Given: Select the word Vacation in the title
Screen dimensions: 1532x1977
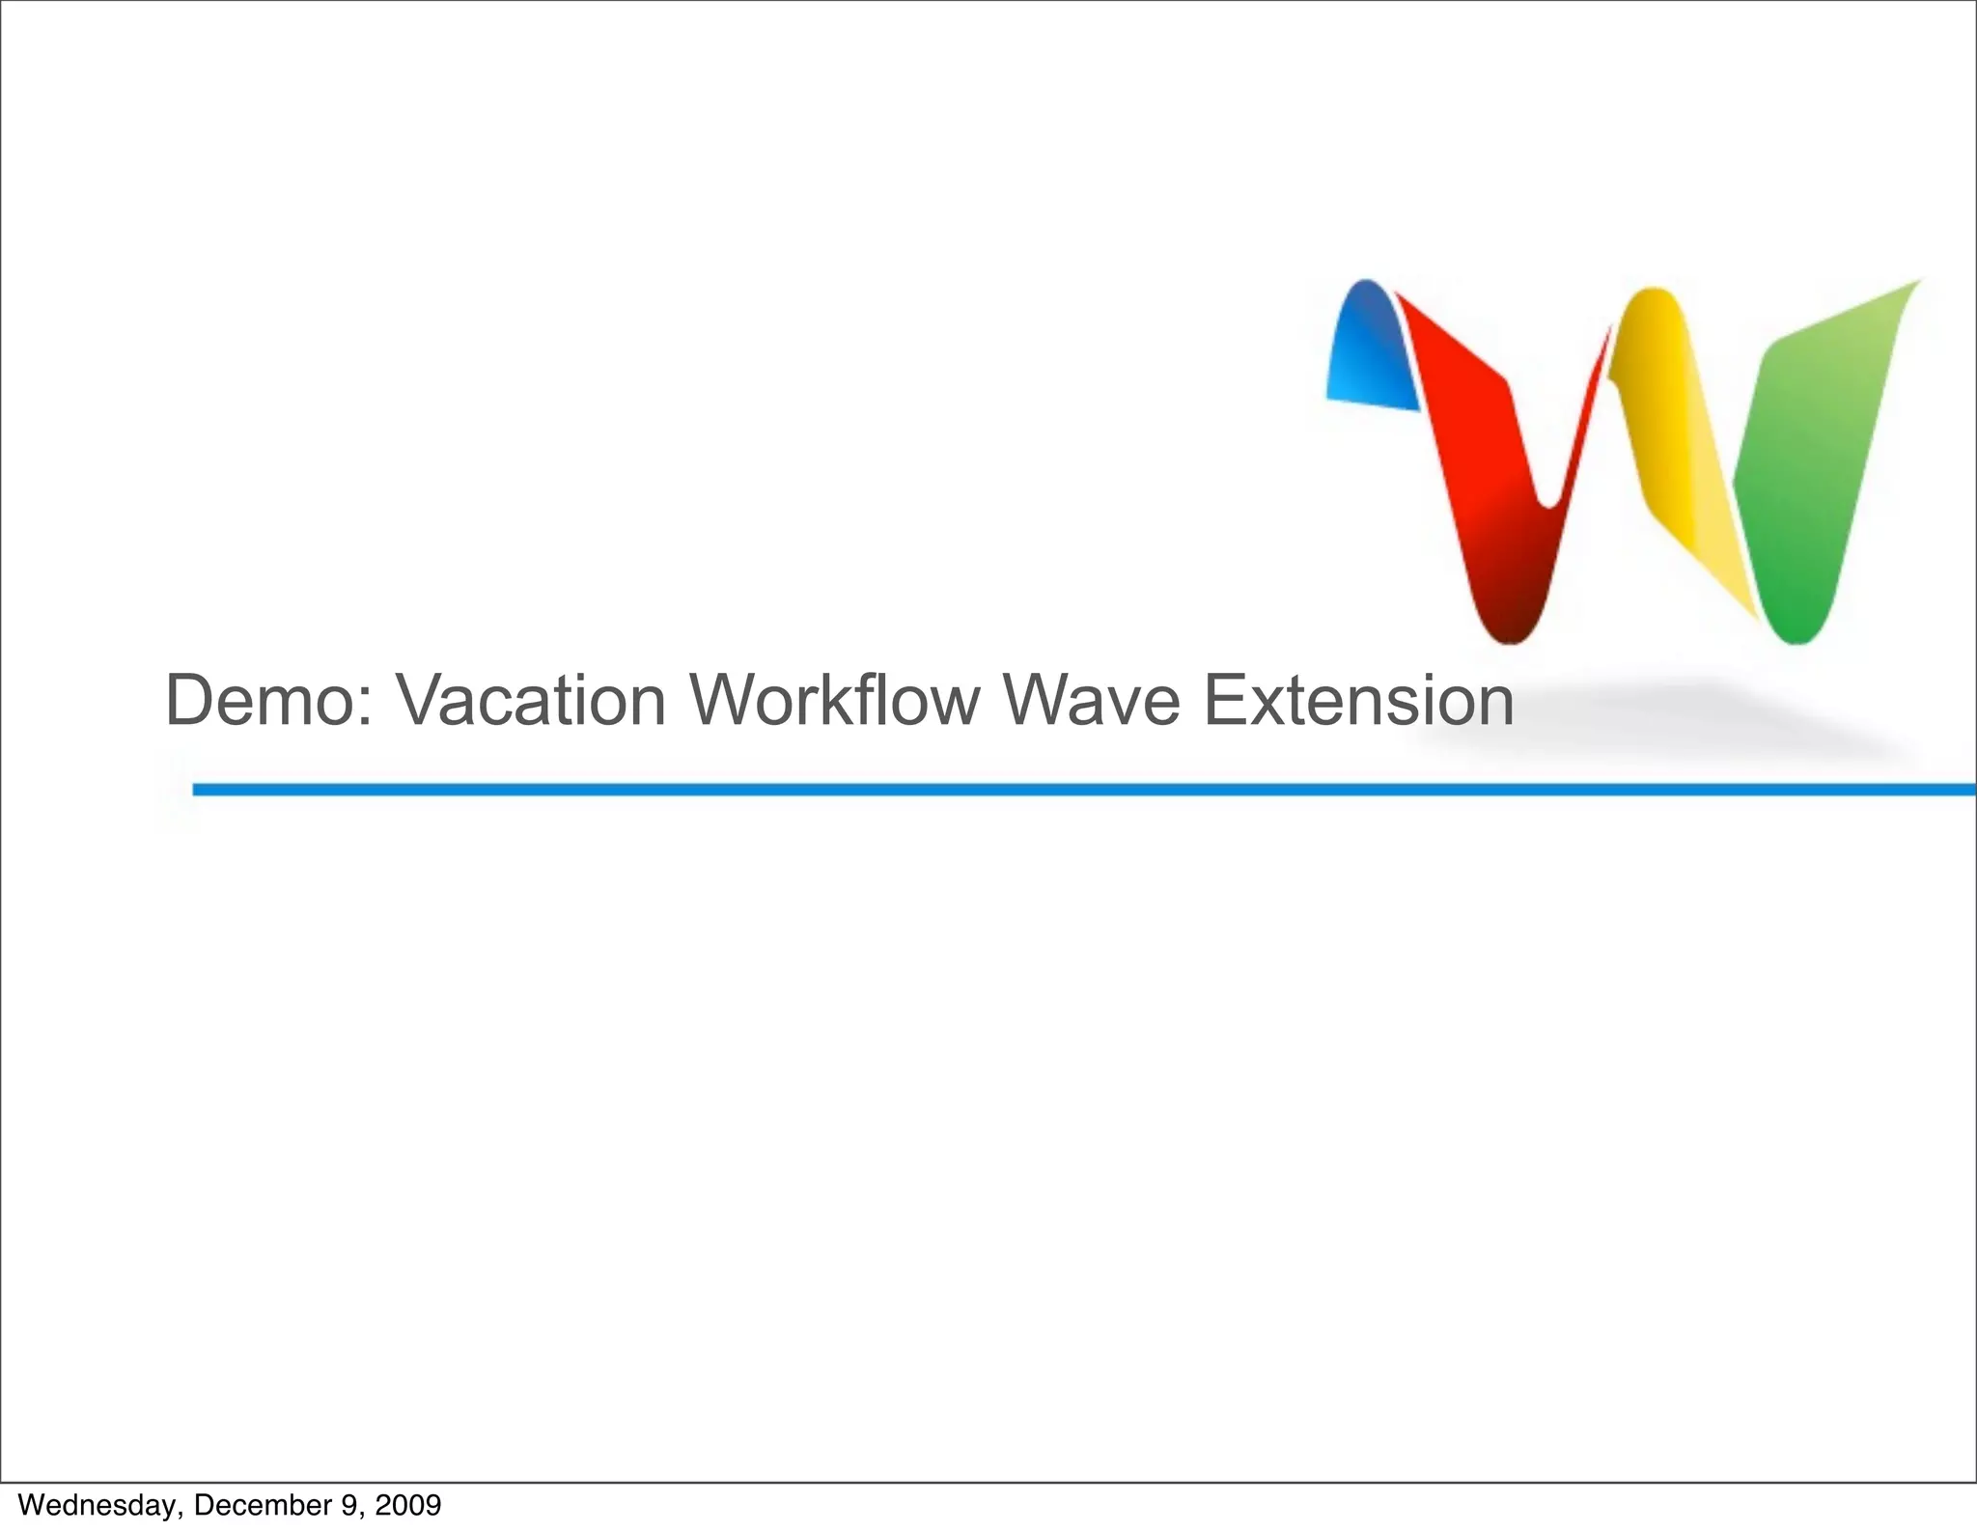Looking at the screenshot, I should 531,700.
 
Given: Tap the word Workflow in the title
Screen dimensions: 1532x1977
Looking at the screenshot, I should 834,700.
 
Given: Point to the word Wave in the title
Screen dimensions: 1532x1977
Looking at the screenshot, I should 1091,700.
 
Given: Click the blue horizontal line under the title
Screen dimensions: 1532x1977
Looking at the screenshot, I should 1062,790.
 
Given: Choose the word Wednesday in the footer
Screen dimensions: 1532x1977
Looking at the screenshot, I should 97,1505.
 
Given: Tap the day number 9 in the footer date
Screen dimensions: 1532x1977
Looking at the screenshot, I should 349,1505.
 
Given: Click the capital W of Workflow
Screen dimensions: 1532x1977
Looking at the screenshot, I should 718,700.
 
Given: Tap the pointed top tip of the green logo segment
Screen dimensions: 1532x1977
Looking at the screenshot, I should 1918,281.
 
